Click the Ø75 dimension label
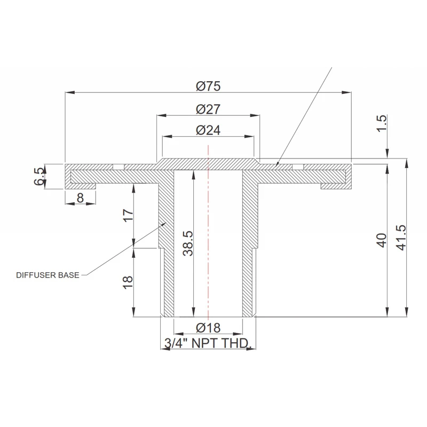[208, 85]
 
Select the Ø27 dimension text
[208, 109]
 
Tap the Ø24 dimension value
[208, 130]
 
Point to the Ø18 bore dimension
[208, 328]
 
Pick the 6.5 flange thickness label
[39, 176]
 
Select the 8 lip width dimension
[80, 198]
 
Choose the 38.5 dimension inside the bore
[188, 243]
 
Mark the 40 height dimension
[381, 240]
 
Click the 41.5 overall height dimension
[401, 237]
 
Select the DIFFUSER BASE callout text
[48, 275]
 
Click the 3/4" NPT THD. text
[208, 344]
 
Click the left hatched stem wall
[167, 246]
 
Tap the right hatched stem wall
[249, 246]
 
